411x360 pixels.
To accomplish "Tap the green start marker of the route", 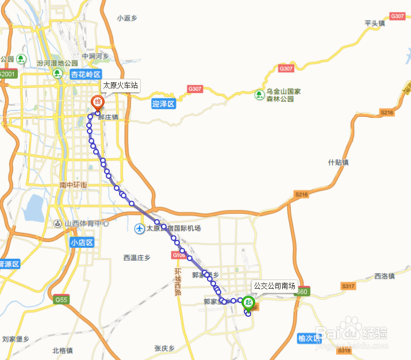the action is pos(248,301).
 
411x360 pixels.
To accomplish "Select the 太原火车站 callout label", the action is pos(120,86).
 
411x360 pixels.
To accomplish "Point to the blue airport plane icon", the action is pos(139,229).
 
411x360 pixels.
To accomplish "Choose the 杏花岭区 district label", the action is pos(86,74).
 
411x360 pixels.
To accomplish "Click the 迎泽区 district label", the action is pos(163,104).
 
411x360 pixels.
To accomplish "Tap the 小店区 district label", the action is pos(82,243).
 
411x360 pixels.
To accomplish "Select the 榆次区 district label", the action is pos(309,339).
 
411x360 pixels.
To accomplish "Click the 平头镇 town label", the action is pos(374,23).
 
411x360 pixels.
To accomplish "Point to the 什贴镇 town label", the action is pos(339,162).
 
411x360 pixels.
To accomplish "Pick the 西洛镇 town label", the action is pos(384,276).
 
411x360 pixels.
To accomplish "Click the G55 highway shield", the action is pos(62,300).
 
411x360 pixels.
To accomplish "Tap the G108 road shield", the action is pos(178,255).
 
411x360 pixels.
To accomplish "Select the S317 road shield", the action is pos(348,286).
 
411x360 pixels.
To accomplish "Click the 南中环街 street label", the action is pos(73,185).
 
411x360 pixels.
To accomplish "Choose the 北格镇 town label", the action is pos(62,350).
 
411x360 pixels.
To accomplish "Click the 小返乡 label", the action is pos(128,18).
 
